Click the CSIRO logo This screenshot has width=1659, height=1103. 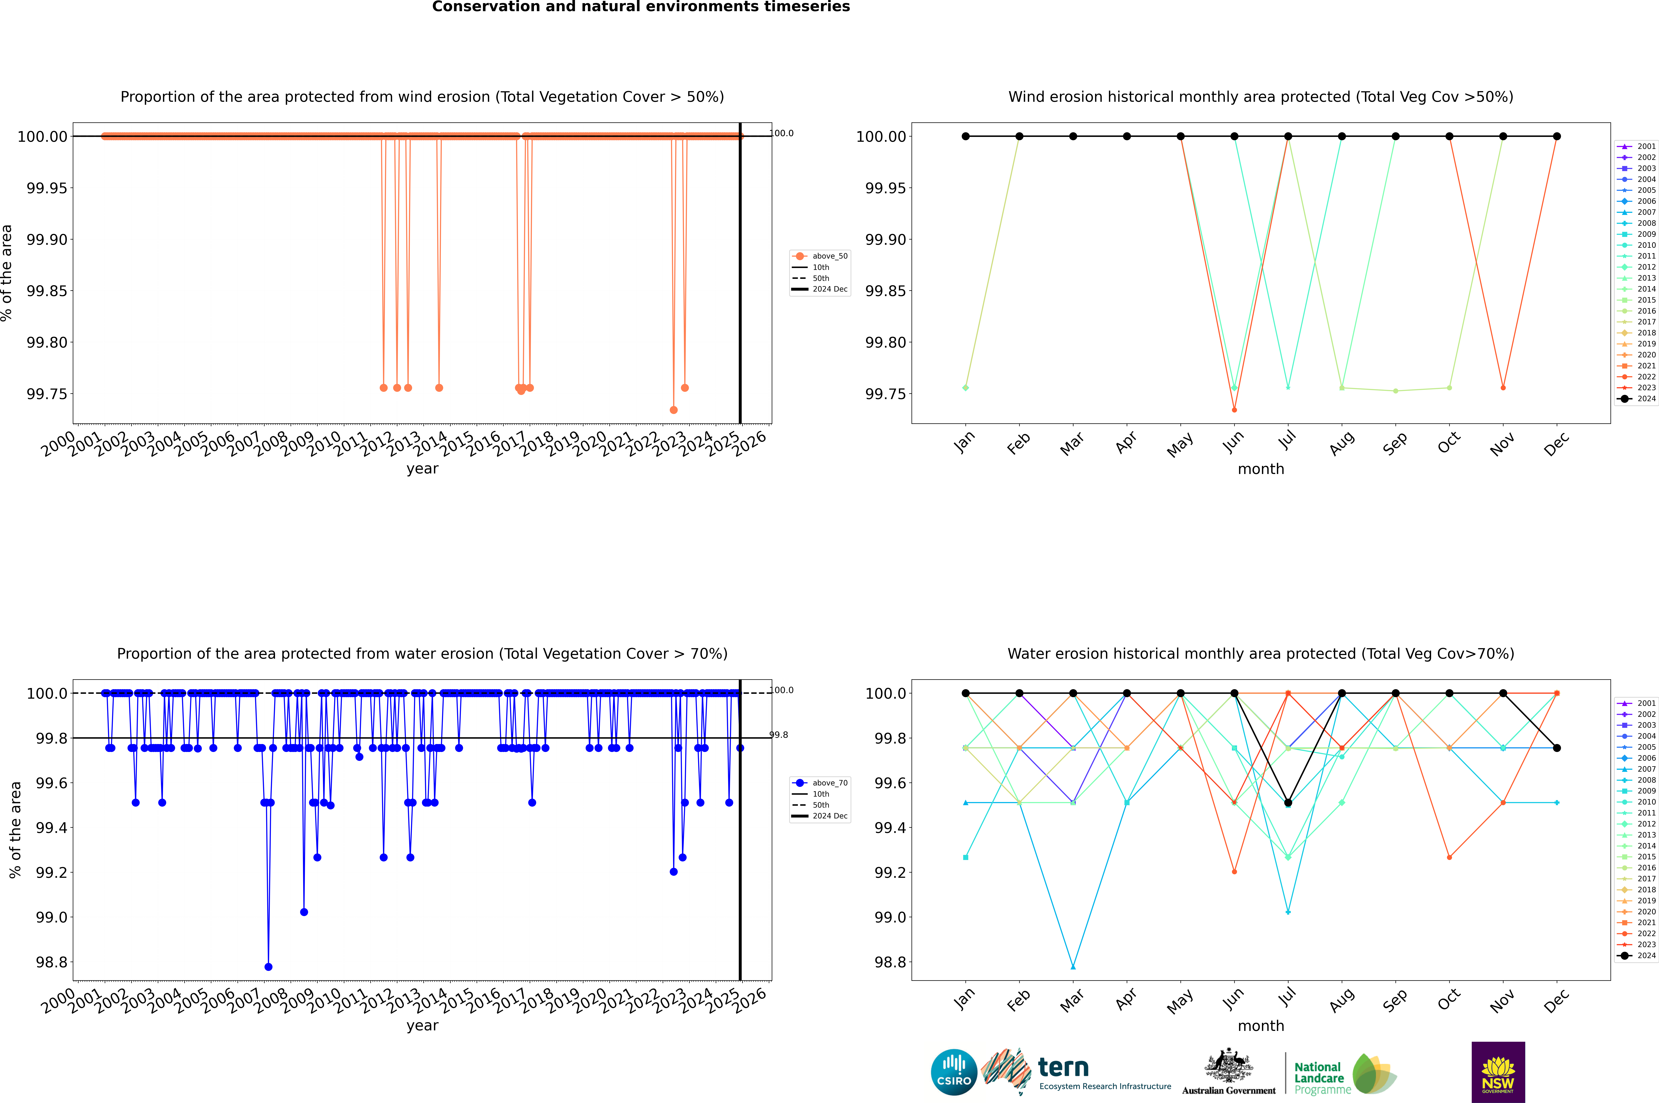[x=954, y=1072]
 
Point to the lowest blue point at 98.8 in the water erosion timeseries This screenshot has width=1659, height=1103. [x=268, y=966]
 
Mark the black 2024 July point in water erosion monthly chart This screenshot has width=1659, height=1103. [x=1288, y=803]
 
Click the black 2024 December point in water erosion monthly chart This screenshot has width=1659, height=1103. [x=1556, y=748]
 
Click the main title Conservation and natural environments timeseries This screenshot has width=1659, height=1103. [x=641, y=7]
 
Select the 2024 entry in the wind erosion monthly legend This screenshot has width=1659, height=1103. [x=1639, y=399]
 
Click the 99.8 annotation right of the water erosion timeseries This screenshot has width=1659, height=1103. [x=779, y=735]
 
